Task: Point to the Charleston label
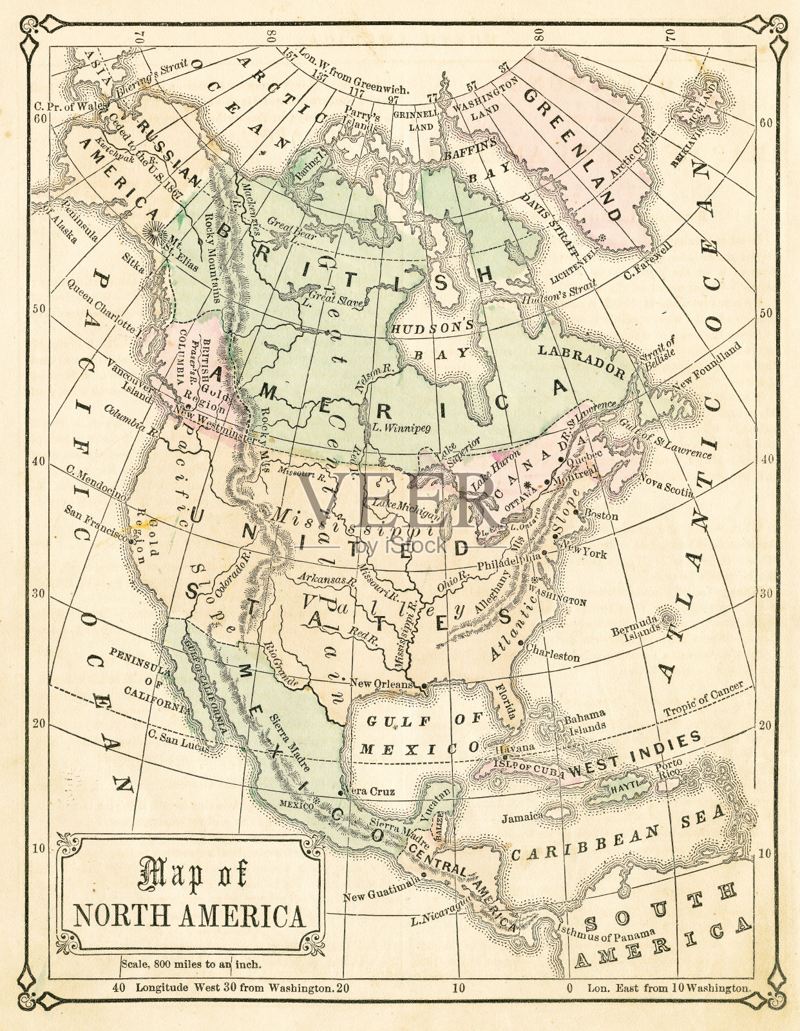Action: coord(553,656)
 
